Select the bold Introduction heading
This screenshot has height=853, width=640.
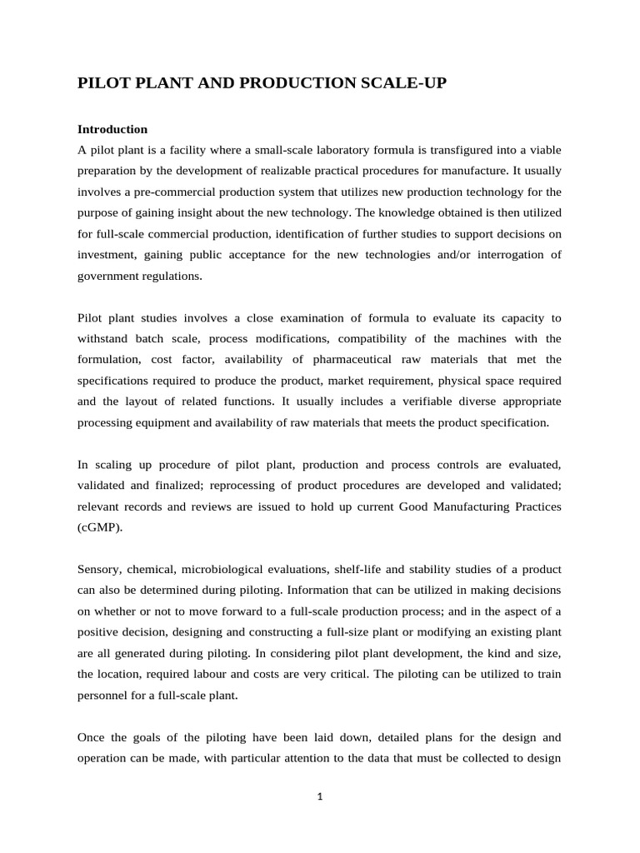[112, 129]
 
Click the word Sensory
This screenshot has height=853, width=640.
[98, 569]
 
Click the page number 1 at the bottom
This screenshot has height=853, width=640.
[320, 796]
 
